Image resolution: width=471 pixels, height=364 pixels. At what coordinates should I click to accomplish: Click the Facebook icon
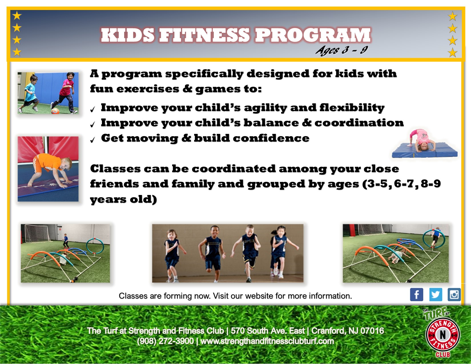click(x=416, y=295)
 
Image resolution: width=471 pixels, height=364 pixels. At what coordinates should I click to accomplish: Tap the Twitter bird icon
click(x=436, y=295)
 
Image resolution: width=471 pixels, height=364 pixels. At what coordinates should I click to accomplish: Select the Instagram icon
click(x=454, y=295)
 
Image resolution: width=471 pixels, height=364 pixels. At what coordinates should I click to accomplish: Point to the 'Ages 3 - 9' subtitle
click(x=342, y=50)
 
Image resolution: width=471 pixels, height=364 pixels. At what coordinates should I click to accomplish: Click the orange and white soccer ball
click(x=55, y=111)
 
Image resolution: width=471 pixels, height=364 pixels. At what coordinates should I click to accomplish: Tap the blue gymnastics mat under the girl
click(x=424, y=150)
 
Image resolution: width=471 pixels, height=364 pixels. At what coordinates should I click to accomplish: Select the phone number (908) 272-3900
click(x=165, y=341)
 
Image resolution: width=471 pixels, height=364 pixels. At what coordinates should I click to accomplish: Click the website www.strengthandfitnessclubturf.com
click(x=267, y=341)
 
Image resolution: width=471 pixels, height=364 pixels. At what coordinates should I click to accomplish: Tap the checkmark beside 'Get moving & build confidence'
click(x=92, y=140)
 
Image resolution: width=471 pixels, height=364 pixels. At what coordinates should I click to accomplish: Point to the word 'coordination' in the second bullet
click(x=359, y=123)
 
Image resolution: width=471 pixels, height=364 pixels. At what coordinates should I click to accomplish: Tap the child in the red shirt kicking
click(x=65, y=92)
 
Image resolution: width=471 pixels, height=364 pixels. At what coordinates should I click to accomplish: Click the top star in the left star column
click(x=17, y=16)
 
